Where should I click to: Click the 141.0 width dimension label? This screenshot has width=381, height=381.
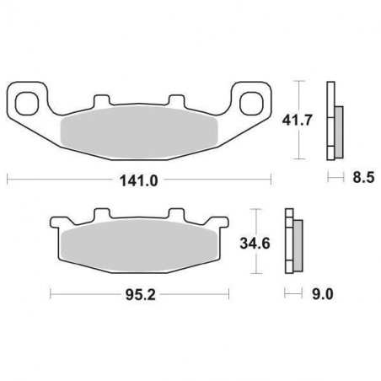[139, 180]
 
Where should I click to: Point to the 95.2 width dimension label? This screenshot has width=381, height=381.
[140, 295]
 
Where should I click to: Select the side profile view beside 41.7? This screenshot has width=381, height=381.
[334, 121]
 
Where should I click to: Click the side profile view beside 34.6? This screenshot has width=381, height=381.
[292, 245]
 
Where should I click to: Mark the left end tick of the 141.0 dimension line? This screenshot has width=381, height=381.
[8, 180]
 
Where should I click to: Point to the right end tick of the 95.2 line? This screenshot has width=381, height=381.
[229, 295]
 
